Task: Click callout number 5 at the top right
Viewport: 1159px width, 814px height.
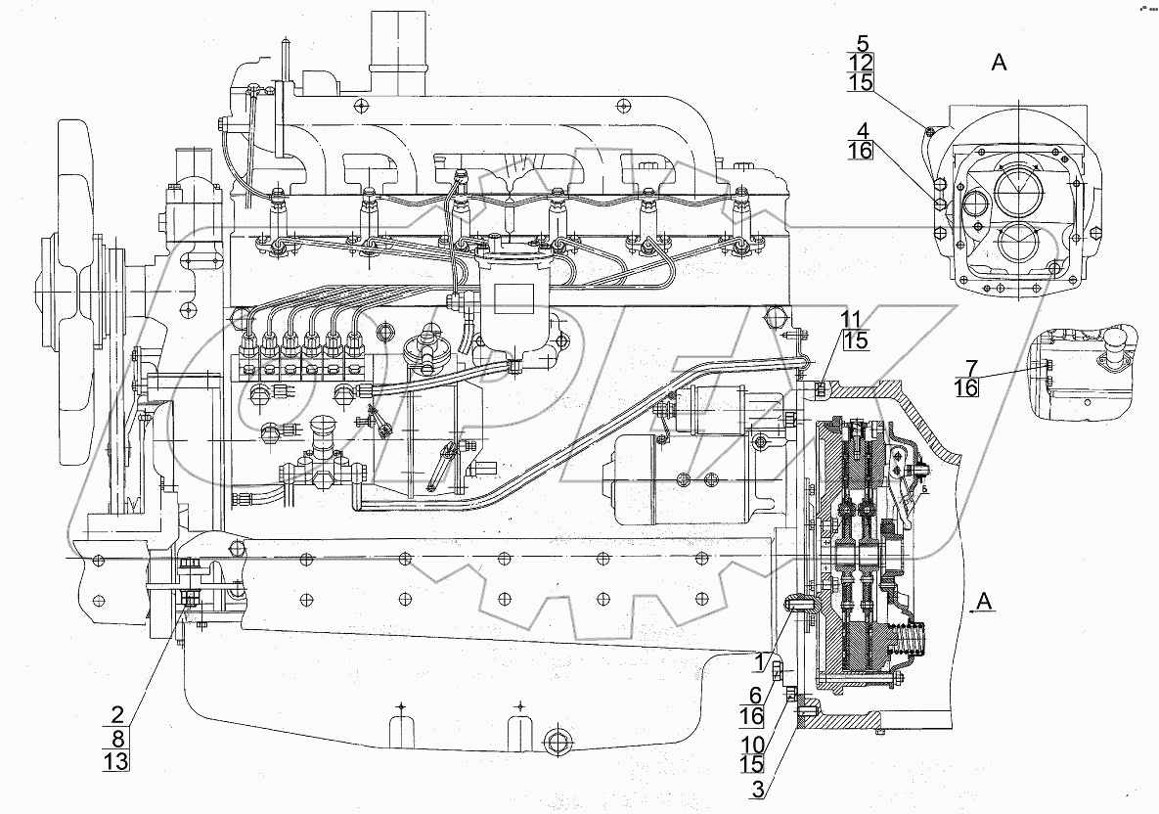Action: [862, 42]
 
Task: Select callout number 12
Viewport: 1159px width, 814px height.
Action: [862, 63]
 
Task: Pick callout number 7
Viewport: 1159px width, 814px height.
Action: [967, 368]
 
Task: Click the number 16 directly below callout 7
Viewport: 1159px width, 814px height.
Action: [967, 388]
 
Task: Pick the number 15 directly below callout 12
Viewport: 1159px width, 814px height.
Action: [862, 83]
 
